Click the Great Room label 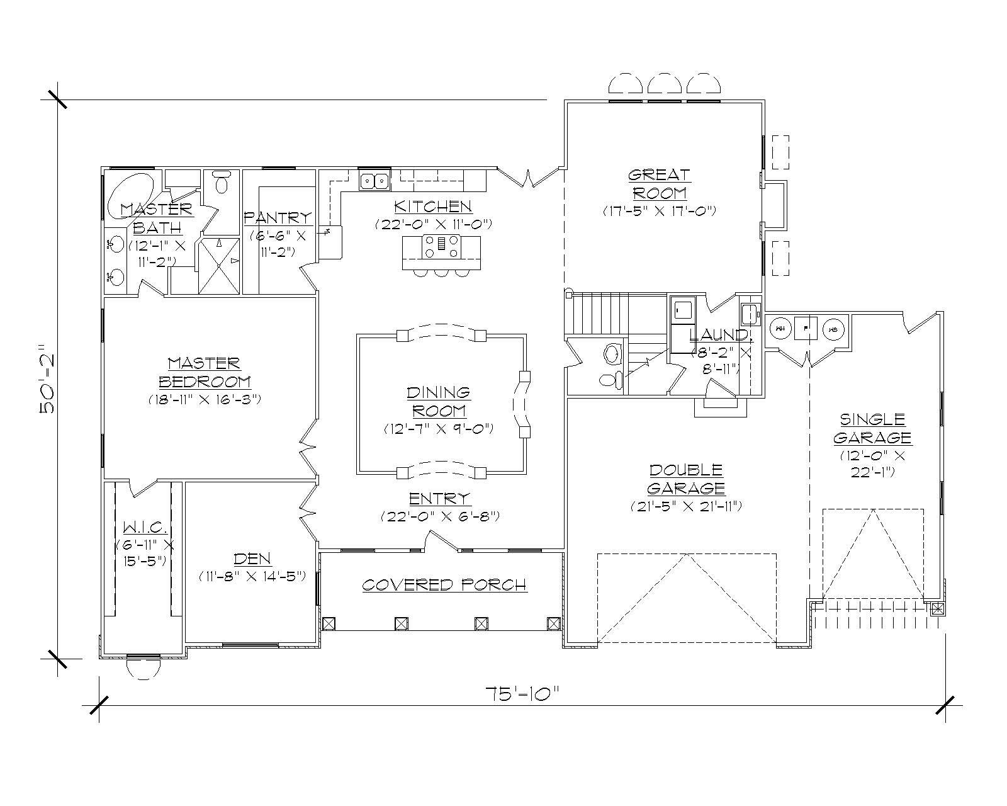pyautogui.click(x=660, y=183)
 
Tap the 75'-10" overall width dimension pyautogui.click(x=523, y=694)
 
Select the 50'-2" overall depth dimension pyautogui.click(x=50, y=379)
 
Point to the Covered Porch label pyautogui.click(x=444, y=585)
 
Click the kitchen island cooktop pyautogui.click(x=440, y=246)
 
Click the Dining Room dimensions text pyautogui.click(x=439, y=429)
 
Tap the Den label pyautogui.click(x=252, y=558)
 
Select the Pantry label pyautogui.click(x=278, y=217)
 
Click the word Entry pyautogui.click(x=439, y=499)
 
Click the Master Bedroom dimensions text pyautogui.click(x=205, y=399)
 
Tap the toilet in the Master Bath pyautogui.click(x=222, y=183)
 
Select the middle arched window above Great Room pyautogui.click(x=665, y=85)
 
